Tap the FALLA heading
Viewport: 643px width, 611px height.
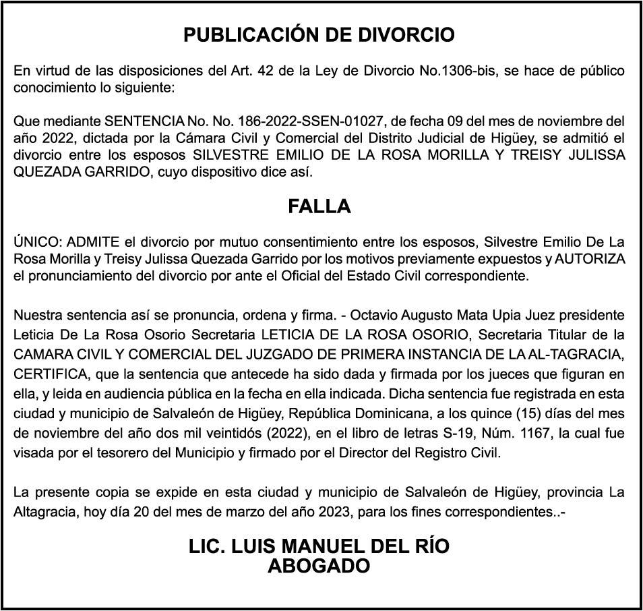click(x=319, y=206)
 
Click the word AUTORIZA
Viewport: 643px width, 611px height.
click(x=590, y=259)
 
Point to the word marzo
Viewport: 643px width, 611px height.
click(x=233, y=513)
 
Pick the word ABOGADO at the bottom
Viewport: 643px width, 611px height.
click(x=319, y=566)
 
